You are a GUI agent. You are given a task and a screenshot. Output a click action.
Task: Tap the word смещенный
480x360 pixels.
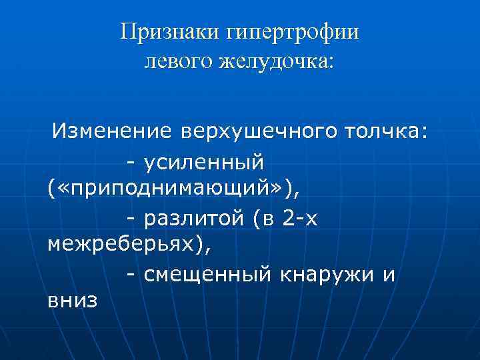coord(205,273)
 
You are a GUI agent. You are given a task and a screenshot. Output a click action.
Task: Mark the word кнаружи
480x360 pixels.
coord(325,273)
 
